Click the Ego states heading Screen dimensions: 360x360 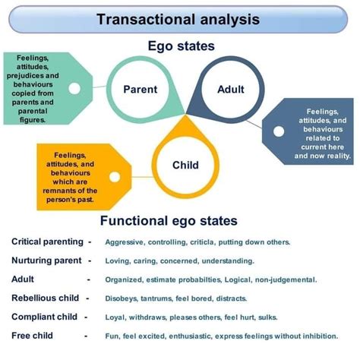(x=180, y=46)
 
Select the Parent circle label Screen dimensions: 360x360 (x=140, y=89)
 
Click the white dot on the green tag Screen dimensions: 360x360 (x=74, y=89)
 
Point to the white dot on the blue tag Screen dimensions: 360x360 (x=279, y=131)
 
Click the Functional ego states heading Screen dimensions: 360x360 (x=169, y=221)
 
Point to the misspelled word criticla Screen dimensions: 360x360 (x=201, y=242)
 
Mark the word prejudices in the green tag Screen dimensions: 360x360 (x=31, y=76)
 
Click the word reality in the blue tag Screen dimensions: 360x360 (x=336, y=156)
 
